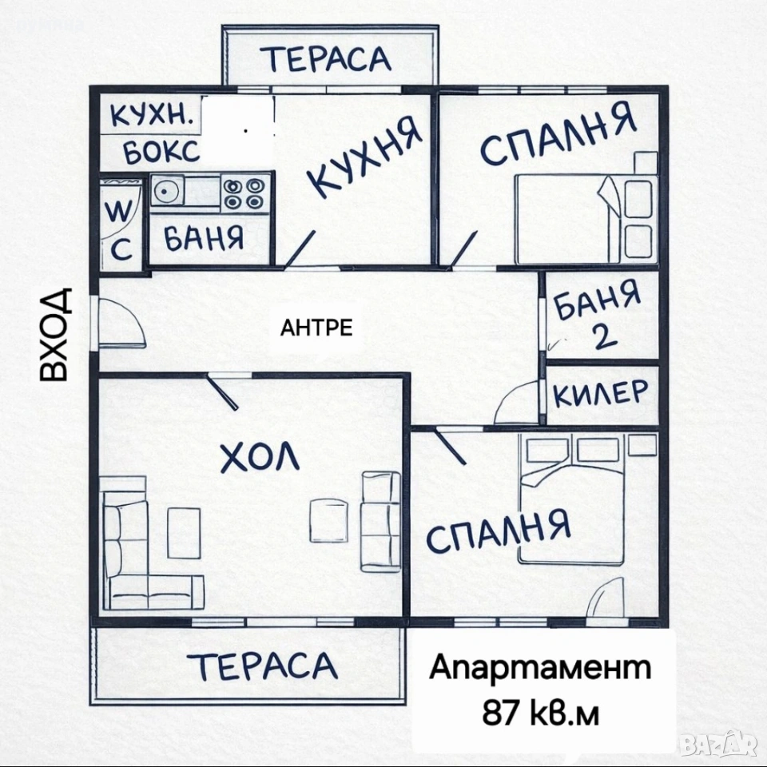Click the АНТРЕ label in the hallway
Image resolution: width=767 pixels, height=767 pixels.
(316, 328)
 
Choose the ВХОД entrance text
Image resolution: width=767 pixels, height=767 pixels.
(54, 333)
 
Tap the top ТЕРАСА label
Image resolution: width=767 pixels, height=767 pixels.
(327, 58)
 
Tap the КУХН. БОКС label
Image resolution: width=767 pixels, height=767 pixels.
(153, 133)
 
